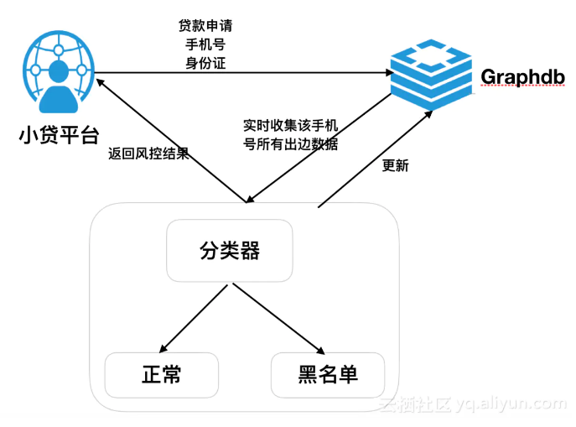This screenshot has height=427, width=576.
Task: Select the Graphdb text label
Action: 522,77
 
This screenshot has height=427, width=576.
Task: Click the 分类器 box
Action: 229,250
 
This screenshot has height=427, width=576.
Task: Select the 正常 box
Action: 161,374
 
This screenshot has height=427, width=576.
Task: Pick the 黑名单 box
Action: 328,374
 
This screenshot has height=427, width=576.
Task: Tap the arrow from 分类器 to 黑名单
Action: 279,320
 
